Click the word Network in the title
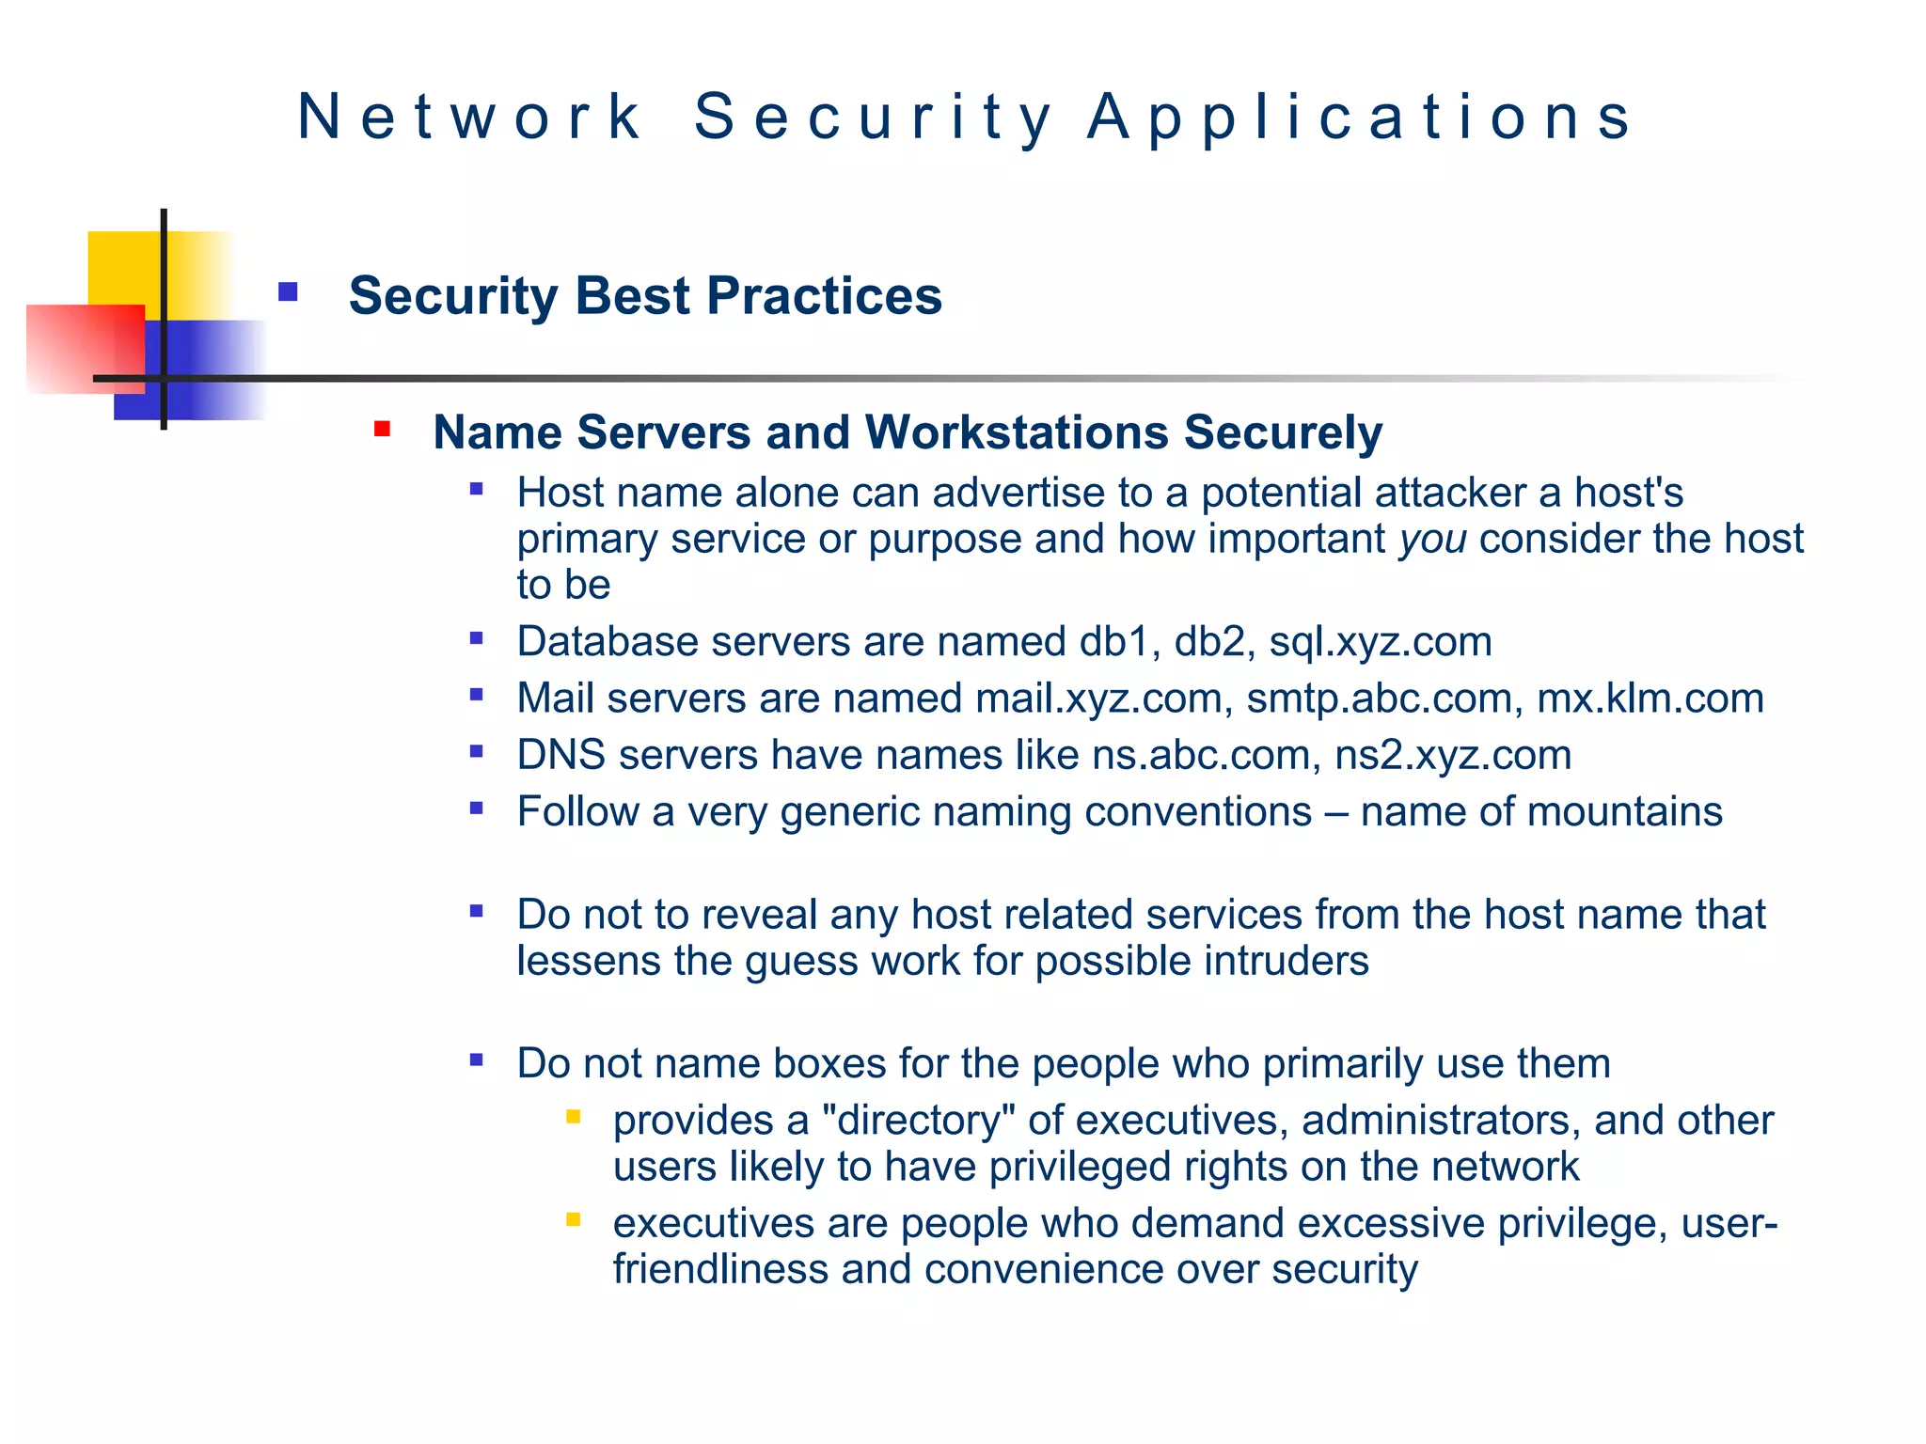pyautogui.click(x=469, y=118)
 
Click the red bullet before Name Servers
pyautogui.click(x=382, y=430)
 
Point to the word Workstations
pyautogui.click(x=1016, y=433)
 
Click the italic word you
pyautogui.click(x=1432, y=540)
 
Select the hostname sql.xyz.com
pyautogui.click(x=1380, y=642)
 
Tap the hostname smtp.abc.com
pyautogui.click(x=1380, y=698)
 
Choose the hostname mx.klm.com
pyautogui.click(x=1650, y=698)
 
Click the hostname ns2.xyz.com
pyautogui.click(x=1453, y=756)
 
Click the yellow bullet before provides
pyautogui.click(x=573, y=1117)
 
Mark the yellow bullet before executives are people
pyautogui.click(x=573, y=1220)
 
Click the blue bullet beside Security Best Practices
pyautogui.click(x=288, y=292)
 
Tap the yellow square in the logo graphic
pyautogui.click(x=122, y=268)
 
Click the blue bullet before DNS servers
pyautogui.click(x=477, y=751)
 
